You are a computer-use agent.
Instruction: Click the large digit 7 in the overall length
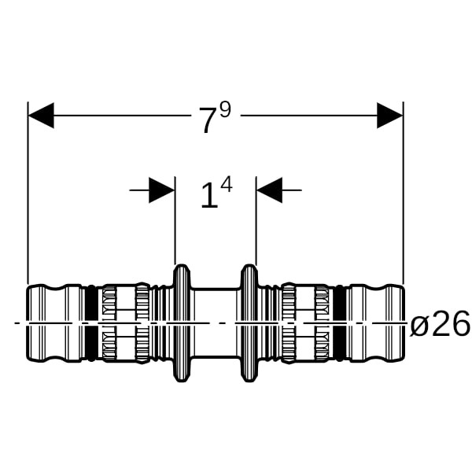pyautogui.click(x=208, y=120)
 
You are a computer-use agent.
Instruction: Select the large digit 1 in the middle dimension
pyautogui.click(x=209, y=196)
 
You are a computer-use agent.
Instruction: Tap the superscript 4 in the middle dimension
pyautogui.click(x=227, y=185)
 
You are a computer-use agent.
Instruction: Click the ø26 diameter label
pyautogui.click(x=440, y=323)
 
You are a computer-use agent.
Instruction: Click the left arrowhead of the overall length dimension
pyautogui.click(x=41, y=116)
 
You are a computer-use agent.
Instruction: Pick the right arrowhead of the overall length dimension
pyautogui.click(x=390, y=116)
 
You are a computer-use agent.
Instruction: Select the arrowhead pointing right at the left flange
pyautogui.click(x=161, y=190)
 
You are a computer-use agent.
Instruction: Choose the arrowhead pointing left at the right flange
pyautogui.click(x=269, y=190)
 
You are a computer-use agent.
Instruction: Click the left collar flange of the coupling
pyautogui.click(x=182, y=323)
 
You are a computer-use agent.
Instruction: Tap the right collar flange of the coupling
pyautogui.click(x=249, y=323)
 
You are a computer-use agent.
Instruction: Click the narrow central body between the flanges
pyautogui.click(x=216, y=323)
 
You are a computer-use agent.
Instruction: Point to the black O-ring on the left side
pyautogui.click(x=91, y=323)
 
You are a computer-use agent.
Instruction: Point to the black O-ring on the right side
pyautogui.click(x=340, y=323)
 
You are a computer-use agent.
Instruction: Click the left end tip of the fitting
pyautogui.click(x=27, y=323)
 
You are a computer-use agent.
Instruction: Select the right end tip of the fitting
pyautogui.click(x=404, y=323)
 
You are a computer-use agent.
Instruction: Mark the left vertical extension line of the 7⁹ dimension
pyautogui.click(x=28, y=193)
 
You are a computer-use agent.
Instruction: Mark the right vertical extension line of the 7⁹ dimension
pyautogui.click(x=403, y=193)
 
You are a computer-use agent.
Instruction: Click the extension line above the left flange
pyautogui.click(x=175, y=220)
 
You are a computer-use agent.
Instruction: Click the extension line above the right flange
pyautogui.click(x=256, y=220)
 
